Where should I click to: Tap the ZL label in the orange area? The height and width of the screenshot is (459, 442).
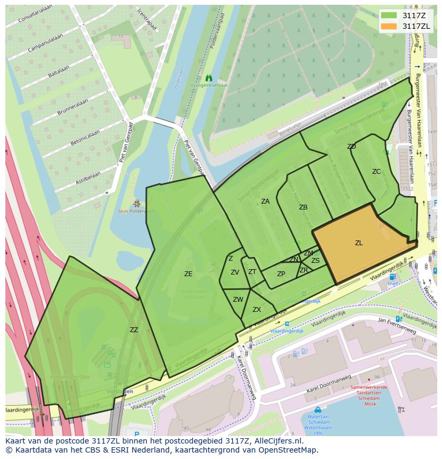click(x=359, y=243)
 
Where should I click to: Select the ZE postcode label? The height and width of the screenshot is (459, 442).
click(x=188, y=274)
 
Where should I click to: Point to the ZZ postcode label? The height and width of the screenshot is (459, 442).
click(x=133, y=330)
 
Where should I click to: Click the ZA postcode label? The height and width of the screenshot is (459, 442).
click(x=265, y=202)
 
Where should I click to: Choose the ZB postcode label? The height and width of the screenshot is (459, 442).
click(x=303, y=207)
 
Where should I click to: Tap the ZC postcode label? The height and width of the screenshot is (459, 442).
click(x=376, y=172)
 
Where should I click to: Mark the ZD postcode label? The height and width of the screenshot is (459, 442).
click(x=351, y=147)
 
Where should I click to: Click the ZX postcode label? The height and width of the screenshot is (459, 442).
click(x=257, y=310)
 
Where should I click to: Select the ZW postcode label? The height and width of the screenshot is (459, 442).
click(x=238, y=300)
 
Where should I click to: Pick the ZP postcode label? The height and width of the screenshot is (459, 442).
click(x=281, y=275)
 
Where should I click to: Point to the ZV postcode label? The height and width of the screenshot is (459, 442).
click(x=235, y=272)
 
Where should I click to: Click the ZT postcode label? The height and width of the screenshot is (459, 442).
click(x=252, y=272)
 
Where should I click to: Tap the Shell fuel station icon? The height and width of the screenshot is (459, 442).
click(x=393, y=277)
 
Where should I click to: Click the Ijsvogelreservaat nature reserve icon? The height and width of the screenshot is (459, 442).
click(x=209, y=78)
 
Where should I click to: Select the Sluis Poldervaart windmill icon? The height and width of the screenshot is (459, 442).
click(x=137, y=203)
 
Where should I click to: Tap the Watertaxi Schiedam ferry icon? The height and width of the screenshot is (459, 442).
click(x=318, y=410)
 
